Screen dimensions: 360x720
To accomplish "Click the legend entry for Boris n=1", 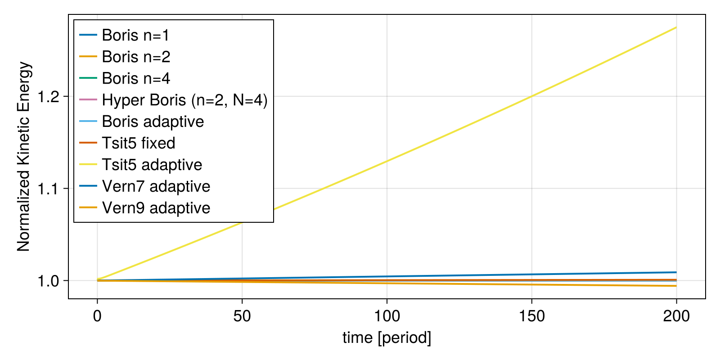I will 135,35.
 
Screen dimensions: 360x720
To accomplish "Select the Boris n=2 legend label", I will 136,57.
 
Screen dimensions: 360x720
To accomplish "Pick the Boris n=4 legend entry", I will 136,78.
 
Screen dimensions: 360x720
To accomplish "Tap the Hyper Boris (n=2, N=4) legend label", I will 184,100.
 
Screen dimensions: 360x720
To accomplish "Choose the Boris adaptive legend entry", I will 153,121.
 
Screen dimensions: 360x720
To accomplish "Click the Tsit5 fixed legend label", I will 139,143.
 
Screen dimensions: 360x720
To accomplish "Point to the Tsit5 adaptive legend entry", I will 152,165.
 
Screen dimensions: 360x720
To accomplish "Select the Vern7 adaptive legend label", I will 156,186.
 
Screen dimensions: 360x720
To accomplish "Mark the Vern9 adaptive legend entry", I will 156,208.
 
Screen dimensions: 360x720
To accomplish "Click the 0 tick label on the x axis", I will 97,316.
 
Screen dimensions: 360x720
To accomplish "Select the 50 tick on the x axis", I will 242,316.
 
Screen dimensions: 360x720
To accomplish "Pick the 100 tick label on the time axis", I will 387,316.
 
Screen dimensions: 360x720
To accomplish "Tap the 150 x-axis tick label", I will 532,316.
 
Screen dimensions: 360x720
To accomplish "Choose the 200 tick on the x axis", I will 676,316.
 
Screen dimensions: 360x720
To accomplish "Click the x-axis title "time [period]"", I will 387,337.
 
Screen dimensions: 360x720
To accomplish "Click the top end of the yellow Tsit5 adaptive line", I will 676,27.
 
